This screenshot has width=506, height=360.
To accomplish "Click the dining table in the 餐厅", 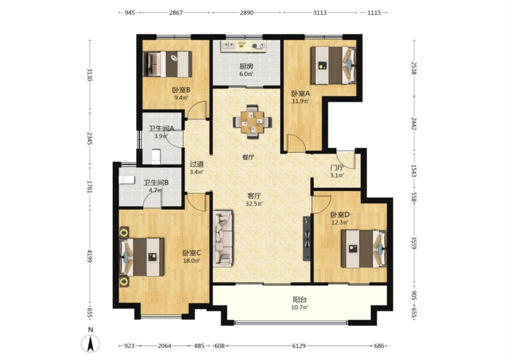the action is [x=252, y=121].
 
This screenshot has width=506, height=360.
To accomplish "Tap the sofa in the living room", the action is [x=223, y=238].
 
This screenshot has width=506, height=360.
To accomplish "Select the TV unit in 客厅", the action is [x=307, y=239].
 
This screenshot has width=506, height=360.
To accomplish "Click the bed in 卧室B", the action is [x=167, y=64].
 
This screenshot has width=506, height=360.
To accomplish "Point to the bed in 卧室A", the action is [x=333, y=65].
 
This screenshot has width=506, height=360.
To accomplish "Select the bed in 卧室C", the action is [x=142, y=257].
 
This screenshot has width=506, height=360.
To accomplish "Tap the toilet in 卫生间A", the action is [x=156, y=156].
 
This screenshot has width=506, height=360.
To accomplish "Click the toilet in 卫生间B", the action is [x=127, y=180].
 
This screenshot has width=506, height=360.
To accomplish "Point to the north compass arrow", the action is [x=91, y=343].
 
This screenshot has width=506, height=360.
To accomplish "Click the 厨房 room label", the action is [x=246, y=67].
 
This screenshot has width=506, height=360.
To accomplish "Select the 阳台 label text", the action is [x=300, y=300].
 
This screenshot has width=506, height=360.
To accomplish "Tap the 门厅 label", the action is [x=337, y=168].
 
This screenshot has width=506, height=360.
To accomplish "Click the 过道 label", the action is [x=197, y=164].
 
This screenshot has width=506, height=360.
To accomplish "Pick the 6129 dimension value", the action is [x=299, y=346].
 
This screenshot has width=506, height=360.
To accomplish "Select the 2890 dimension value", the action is [x=246, y=13].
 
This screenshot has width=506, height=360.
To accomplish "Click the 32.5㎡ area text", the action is [x=254, y=204].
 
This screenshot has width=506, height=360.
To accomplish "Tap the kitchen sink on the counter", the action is [x=229, y=45].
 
